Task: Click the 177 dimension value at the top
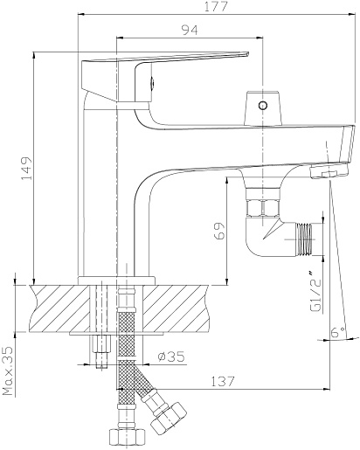tap(216, 6)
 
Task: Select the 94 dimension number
tap(190, 30)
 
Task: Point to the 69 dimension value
tap(219, 231)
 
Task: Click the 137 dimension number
tap(223, 381)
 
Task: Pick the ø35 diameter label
tap(171, 357)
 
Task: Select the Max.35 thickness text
tap(9, 370)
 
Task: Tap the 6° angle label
tap(338, 332)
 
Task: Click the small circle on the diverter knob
tap(263, 105)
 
